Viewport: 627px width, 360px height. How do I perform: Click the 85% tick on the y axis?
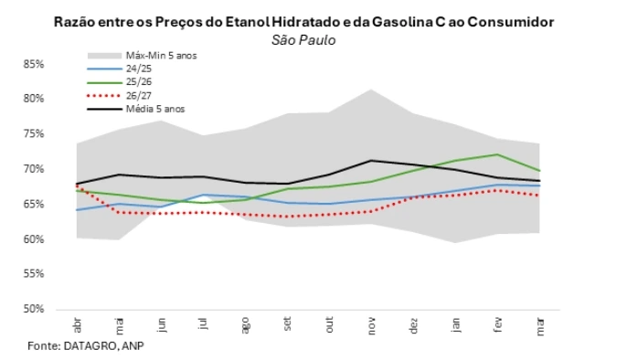pos(34,64)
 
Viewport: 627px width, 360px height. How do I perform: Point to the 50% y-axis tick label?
pos(34,309)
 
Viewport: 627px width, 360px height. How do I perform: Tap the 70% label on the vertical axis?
pos(34,169)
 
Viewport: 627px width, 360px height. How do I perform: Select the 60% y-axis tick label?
pos(34,239)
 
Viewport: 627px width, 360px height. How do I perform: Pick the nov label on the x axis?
pos(370,326)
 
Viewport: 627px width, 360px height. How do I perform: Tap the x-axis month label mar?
pos(539,326)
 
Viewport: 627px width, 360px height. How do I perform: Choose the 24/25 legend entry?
pos(137,69)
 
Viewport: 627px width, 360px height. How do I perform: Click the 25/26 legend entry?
pos(137,81)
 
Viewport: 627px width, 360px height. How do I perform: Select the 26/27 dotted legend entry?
pos(137,95)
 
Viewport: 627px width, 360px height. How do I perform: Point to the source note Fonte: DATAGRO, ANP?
pos(86,346)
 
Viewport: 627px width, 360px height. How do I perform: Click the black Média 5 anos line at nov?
pos(370,161)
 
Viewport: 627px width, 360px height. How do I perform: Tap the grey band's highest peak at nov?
pos(370,90)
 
